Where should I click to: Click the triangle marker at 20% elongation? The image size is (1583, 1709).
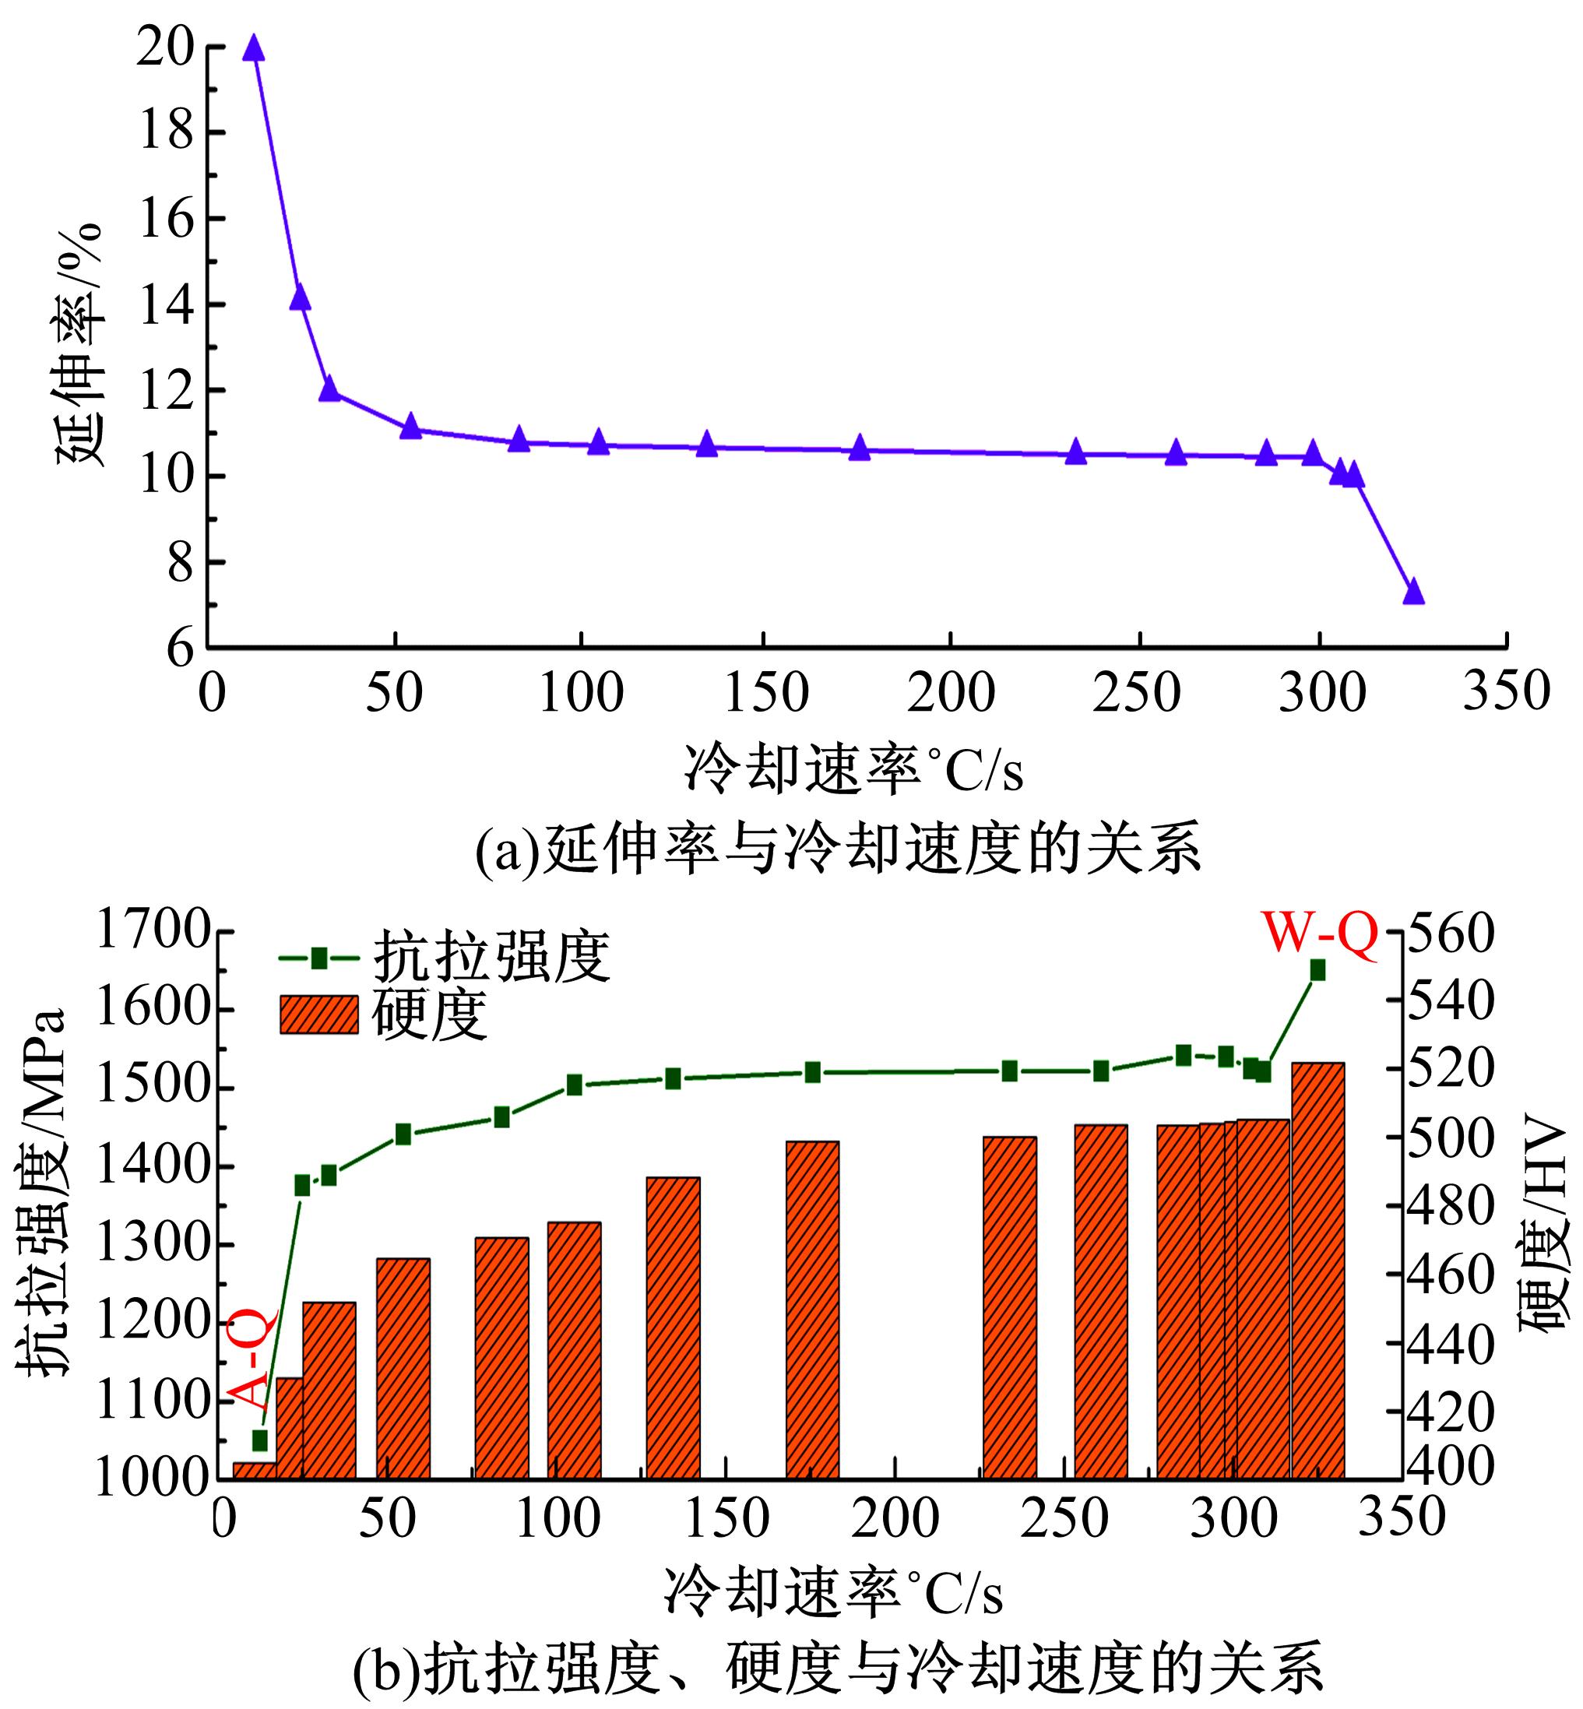(x=253, y=49)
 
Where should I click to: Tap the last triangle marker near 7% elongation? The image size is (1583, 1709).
(x=1413, y=592)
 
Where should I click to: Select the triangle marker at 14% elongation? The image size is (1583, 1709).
(x=300, y=298)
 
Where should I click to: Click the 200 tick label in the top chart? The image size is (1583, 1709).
(x=950, y=693)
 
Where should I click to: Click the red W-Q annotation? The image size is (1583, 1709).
(x=1319, y=933)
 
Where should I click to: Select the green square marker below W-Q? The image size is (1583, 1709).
(x=1317, y=969)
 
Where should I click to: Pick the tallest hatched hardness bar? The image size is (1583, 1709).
(x=1317, y=1268)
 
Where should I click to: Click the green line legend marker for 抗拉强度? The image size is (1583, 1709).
(x=318, y=958)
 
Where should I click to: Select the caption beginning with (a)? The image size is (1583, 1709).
(x=838, y=849)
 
